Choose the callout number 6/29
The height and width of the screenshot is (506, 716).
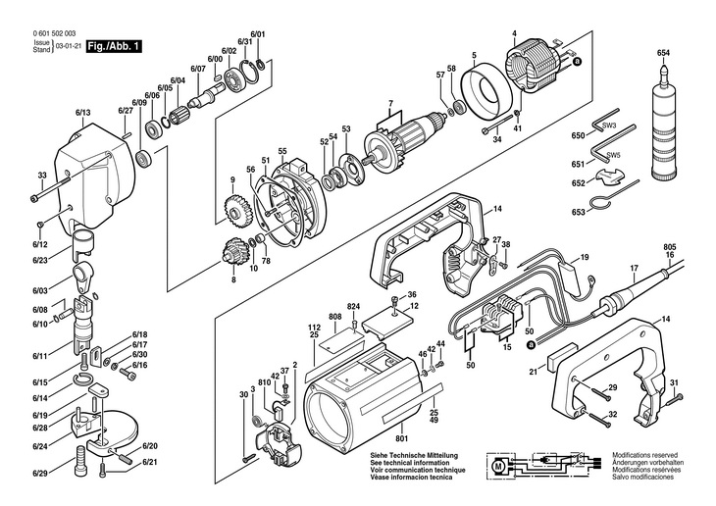pyautogui.click(x=38, y=474)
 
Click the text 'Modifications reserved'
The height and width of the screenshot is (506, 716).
pyautogui.click(x=645, y=456)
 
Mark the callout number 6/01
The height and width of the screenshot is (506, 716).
pyautogui.click(x=258, y=33)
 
